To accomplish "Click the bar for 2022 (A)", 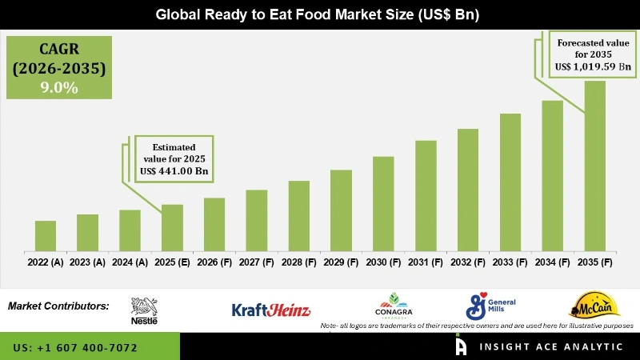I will pos(46,236).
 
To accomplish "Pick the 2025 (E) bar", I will pos(172,228).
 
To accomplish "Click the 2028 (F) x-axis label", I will pos(298,262).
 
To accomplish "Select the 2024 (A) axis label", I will pos(130,262).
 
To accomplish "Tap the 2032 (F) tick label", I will pos(468,262).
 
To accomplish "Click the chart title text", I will pos(319,14).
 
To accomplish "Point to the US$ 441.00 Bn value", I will pos(176,170).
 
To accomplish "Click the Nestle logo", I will pos(144,310).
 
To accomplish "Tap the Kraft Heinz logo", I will pos(270,310).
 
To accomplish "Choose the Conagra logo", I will pos(393,306).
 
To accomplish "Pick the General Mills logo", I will pos(490,306).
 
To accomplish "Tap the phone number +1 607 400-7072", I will pos(75,348).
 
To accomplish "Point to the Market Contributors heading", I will pos(58,306).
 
